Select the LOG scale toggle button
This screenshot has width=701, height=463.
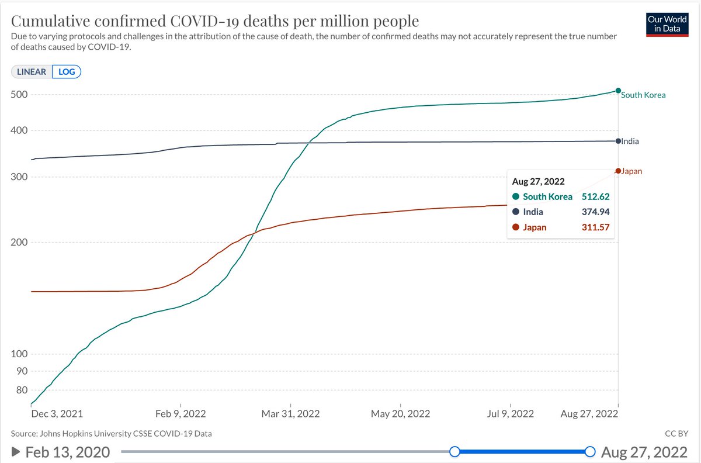[66, 72]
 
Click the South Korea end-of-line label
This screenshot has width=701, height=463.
[643, 95]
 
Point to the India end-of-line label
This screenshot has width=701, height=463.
[630, 141]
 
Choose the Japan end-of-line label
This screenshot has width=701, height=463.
[632, 171]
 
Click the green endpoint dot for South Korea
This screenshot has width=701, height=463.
[618, 91]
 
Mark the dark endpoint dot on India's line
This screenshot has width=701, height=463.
[618, 141]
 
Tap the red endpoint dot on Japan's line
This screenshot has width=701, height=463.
[618, 171]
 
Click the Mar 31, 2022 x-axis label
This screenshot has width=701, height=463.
[291, 414]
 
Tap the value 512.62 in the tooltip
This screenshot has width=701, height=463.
[595, 197]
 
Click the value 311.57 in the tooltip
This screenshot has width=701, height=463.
[595, 227]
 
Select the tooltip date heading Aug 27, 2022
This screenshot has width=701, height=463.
[538, 182]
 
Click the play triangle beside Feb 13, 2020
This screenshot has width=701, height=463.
[16, 452]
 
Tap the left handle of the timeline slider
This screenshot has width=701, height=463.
[454, 452]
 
